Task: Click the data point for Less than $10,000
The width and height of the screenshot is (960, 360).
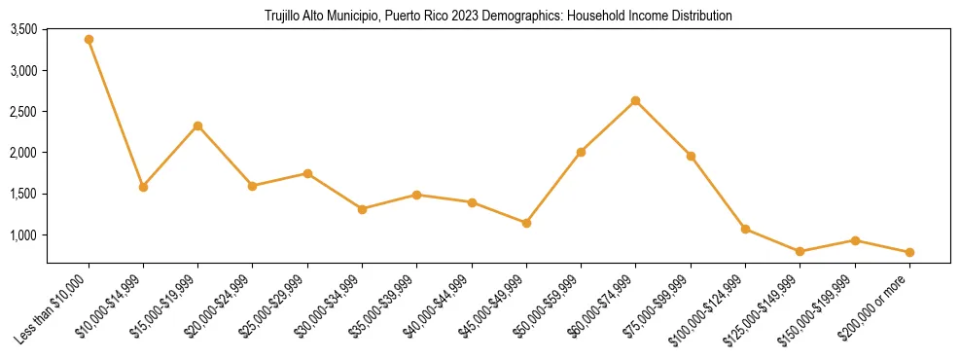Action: pos(89,39)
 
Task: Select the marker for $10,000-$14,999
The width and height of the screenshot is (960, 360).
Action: pos(143,187)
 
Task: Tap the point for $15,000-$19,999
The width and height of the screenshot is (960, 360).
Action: pos(197,126)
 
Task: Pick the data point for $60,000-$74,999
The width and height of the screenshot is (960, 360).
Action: pos(635,100)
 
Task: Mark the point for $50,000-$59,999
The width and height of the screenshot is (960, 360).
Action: pos(581,152)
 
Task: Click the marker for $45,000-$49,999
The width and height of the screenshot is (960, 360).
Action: pos(526,223)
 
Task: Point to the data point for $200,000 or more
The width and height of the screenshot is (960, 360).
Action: pos(909,252)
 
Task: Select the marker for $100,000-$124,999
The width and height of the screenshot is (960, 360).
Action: pos(745,229)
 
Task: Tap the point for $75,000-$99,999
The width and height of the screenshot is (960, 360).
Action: pos(691,156)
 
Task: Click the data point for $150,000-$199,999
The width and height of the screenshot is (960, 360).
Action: pos(855,240)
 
